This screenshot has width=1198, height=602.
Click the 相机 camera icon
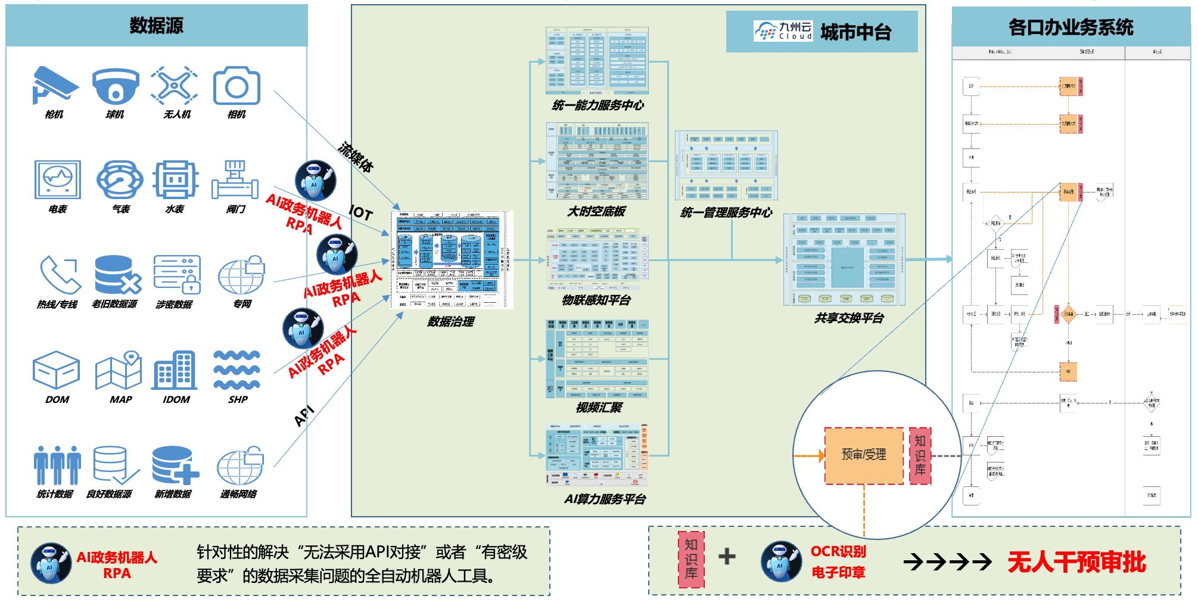pyautogui.click(x=237, y=86)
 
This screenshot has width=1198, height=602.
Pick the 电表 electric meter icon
pyautogui.click(x=57, y=179)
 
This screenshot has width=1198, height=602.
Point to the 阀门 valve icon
pyautogui.click(x=235, y=179)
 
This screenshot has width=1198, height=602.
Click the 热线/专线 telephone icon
pyautogui.click(x=60, y=275)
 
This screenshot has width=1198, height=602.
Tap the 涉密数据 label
pyautogui.click(x=174, y=305)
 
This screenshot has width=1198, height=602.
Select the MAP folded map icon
pyautogui.click(x=119, y=370)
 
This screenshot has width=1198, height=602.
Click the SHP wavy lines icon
pyautogui.click(x=237, y=370)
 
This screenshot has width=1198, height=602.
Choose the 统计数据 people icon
pyautogui.click(x=57, y=465)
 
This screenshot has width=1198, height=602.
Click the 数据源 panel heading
pyautogui.click(x=157, y=26)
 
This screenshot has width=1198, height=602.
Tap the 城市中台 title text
pyautogui.click(x=855, y=32)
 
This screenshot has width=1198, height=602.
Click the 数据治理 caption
pyautogui.click(x=451, y=322)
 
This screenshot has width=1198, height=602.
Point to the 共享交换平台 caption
pyautogui.click(x=849, y=318)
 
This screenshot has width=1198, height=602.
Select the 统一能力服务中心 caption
pyautogui.click(x=598, y=105)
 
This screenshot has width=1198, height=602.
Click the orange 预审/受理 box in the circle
pyautogui.click(x=864, y=455)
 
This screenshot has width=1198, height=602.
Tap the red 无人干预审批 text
pyautogui.click(x=1076, y=562)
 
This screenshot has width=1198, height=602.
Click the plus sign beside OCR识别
pyautogui.click(x=727, y=557)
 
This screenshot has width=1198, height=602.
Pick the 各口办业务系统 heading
pyautogui.click(x=1071, y=27)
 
